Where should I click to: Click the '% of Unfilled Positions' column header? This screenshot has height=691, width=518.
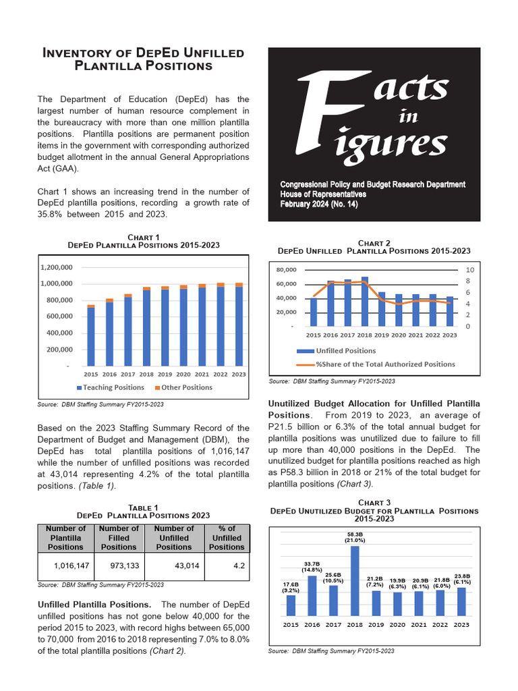pos(227,538)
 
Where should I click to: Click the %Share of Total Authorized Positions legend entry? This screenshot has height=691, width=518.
pos(375,364)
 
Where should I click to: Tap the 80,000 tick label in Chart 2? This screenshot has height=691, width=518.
pos(287,269)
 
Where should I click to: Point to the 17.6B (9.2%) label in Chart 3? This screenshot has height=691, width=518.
pos(291,587)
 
